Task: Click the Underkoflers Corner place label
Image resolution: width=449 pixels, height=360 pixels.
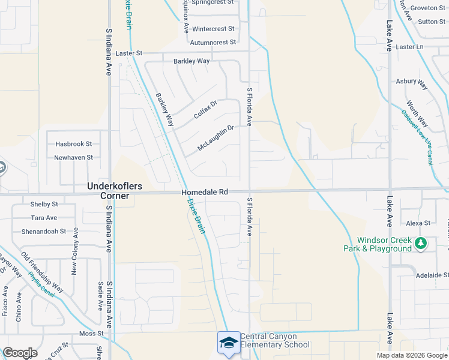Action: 115,191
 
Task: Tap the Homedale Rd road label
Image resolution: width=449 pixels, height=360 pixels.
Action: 205,192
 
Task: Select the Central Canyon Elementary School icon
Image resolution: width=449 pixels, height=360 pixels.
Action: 228,343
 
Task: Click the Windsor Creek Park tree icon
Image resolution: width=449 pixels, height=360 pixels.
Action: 421,243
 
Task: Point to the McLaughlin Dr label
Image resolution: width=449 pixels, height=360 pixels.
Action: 215,138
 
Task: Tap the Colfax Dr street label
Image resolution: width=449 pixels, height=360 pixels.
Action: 205,109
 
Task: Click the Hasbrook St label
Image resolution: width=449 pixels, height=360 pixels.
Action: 73,144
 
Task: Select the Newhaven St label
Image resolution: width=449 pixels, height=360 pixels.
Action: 73,157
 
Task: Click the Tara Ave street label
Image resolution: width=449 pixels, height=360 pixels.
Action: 44,218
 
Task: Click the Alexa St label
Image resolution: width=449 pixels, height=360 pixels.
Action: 418,223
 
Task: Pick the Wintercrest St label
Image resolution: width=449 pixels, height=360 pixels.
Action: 213,29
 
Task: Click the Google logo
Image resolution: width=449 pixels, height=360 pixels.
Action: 20,353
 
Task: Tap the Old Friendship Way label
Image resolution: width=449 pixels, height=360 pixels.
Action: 41,271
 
